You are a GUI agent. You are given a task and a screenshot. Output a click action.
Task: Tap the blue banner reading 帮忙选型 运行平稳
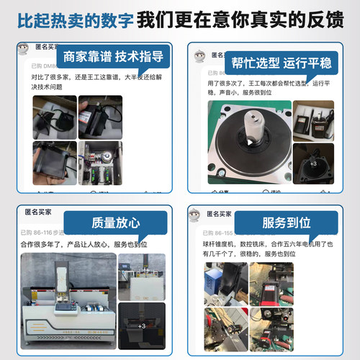280,63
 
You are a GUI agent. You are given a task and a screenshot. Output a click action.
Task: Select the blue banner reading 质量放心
112,222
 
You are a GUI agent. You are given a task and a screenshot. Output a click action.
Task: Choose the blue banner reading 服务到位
283,222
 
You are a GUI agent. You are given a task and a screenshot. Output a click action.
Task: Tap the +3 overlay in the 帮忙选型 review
313,163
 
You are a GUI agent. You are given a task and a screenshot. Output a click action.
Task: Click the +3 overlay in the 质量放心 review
142,326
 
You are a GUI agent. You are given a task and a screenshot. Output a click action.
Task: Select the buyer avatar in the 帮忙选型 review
197,56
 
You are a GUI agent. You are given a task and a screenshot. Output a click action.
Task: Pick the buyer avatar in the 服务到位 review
194,215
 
